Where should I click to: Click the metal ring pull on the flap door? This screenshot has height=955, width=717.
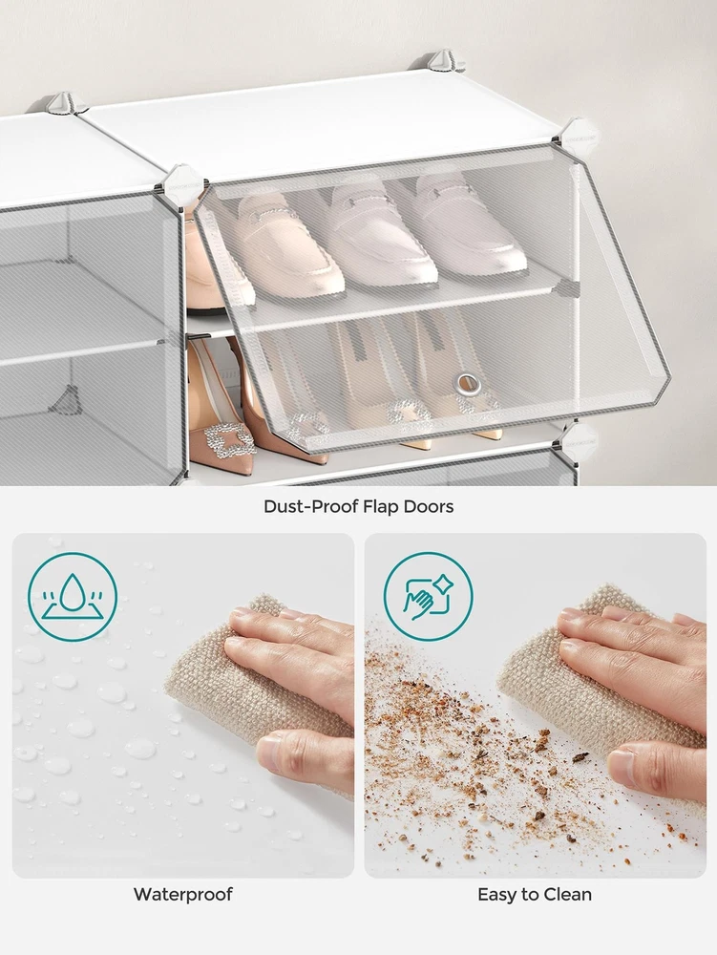[468, 384]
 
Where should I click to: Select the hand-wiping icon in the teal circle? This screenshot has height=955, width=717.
[428, 596]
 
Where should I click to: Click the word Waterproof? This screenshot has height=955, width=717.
[182, 894]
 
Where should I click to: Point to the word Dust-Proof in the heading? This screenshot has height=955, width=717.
[309, 506]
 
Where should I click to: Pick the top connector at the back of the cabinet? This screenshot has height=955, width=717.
[445, 63]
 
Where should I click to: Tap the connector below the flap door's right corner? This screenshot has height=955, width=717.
[577, 438]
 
